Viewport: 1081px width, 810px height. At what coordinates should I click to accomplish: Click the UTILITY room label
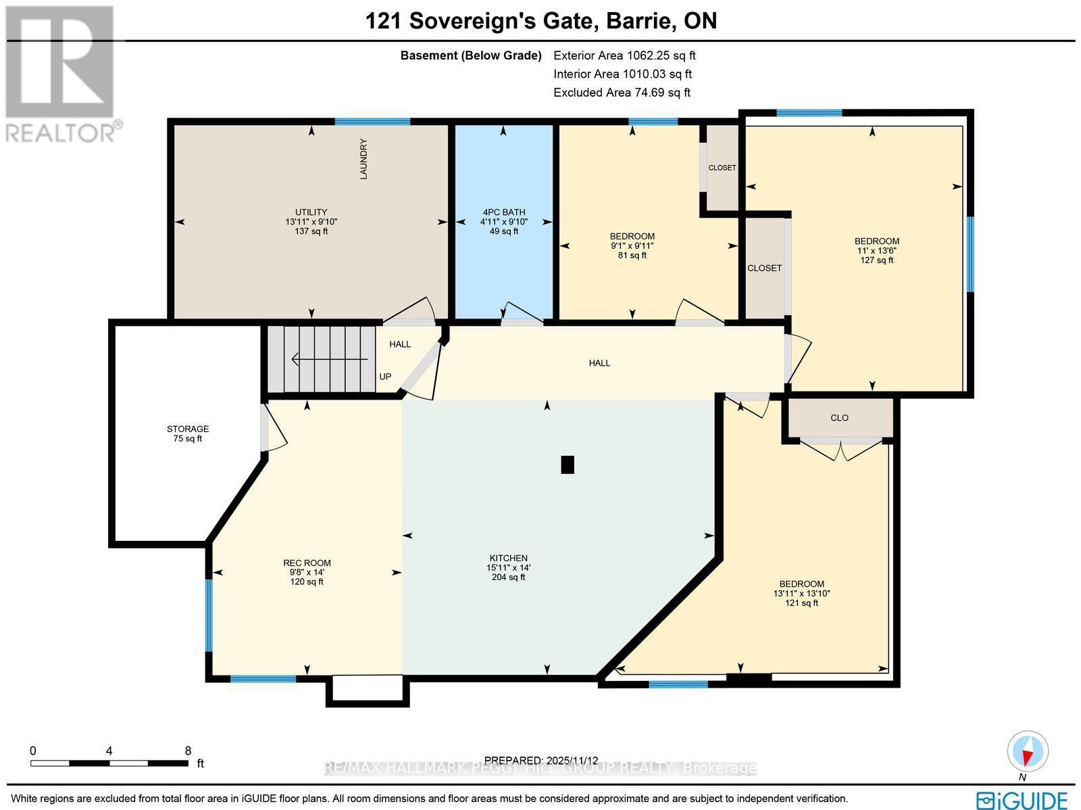point(311,212)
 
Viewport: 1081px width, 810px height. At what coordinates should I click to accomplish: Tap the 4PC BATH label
point(503,212)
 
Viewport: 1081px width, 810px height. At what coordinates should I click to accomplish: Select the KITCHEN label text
point(508,558)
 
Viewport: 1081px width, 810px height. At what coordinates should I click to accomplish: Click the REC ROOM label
point(307,563)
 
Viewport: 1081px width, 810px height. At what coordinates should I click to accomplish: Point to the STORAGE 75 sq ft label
point(188,433)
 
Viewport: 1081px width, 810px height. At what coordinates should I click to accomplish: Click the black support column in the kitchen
point(568,464)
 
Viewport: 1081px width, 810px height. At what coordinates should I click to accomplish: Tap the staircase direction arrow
point(328,360)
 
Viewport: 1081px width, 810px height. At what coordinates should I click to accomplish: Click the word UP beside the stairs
point(385,377)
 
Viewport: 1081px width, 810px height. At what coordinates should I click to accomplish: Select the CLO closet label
point(839,418)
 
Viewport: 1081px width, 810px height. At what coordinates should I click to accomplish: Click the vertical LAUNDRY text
point(363,159)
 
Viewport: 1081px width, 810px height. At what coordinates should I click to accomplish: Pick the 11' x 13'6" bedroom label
point(876,250)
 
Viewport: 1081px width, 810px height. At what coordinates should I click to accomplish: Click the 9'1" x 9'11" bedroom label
point(632,245)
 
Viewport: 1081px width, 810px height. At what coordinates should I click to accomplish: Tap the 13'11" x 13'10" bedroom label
point(801,593)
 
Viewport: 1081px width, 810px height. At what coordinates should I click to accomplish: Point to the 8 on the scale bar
point(188,751)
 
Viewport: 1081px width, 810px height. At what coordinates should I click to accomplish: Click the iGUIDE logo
point(1022,800)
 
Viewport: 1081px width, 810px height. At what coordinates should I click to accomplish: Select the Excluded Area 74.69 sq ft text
point(622,93)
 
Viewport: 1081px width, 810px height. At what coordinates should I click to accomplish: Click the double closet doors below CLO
point(841,450)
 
